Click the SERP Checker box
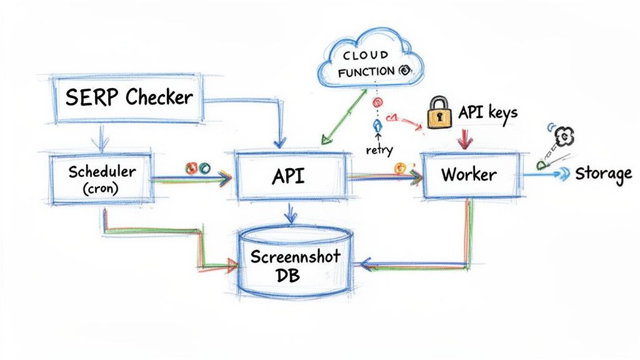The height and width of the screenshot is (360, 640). tap(127, 97)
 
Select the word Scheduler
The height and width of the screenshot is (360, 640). tap(101, 170)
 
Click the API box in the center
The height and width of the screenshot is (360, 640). tap(289, 176)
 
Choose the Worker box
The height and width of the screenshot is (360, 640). tap(469, 174)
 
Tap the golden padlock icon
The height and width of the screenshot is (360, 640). tap(439, 113)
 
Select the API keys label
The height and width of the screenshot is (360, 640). tap(487, 112)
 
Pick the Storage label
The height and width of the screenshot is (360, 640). tap(602, 174)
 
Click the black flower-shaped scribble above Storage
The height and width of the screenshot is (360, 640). tap(564, 135)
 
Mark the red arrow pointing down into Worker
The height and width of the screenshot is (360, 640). tap(463, 139)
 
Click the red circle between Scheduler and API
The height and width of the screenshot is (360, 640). tap(192, 167)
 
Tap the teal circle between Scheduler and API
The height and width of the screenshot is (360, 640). tap(204, 167)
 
